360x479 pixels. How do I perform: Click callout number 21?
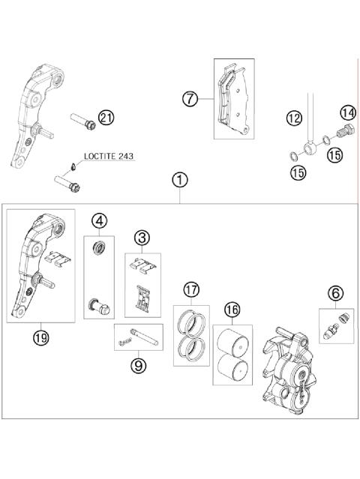(x=106, y=117)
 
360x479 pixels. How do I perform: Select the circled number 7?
(x=190, y=98)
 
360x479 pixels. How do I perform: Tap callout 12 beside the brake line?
(x=292, y=118)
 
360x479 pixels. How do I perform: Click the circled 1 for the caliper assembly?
(x=180, y=180)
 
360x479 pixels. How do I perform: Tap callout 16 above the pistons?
(x=231, y=308)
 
